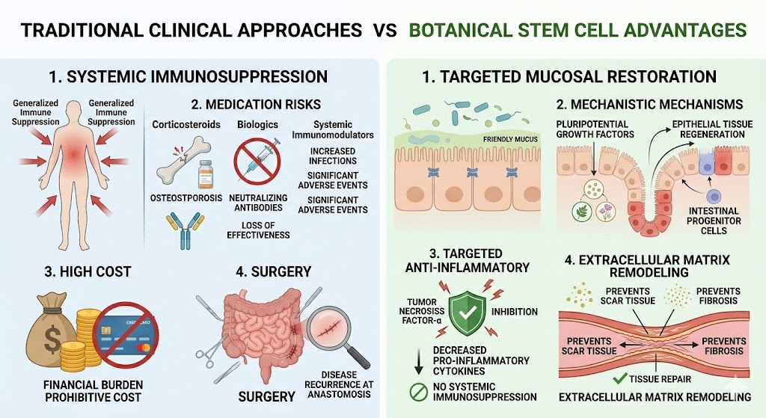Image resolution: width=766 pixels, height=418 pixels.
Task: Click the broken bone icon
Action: tap(183, 160)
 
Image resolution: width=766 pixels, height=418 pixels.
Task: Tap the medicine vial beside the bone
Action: tap(206, 174)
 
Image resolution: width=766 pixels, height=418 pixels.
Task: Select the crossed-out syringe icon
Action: tap(257, 162)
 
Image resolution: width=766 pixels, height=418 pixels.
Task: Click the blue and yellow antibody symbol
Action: tap(186, 230)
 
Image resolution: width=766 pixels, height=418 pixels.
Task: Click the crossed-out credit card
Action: tap(126, 333)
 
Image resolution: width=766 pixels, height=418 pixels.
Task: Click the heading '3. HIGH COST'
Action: tap(88, 271)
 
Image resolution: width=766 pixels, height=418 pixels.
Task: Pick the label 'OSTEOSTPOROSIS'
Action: tap(186, 197)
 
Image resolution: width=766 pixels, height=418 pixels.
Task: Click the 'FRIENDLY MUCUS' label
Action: tap(510, 139)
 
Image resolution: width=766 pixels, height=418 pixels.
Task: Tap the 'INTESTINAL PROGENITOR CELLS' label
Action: tap(714, 221)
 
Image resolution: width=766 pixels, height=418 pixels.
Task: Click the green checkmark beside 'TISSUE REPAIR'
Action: tap(619, 378)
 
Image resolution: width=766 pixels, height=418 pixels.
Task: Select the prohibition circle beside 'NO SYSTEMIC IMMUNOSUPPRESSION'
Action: tap(419, 392)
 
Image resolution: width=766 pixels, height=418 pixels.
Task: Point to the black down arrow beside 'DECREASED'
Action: tap(419, 362)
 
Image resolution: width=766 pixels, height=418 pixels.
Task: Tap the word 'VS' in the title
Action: tap(385, 30)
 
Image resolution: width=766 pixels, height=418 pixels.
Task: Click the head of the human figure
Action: tap(74, 109)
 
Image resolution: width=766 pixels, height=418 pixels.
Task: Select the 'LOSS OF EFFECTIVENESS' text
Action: tap(258, 230)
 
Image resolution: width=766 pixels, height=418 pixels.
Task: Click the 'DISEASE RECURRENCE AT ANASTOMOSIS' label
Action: tap(339, 384)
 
